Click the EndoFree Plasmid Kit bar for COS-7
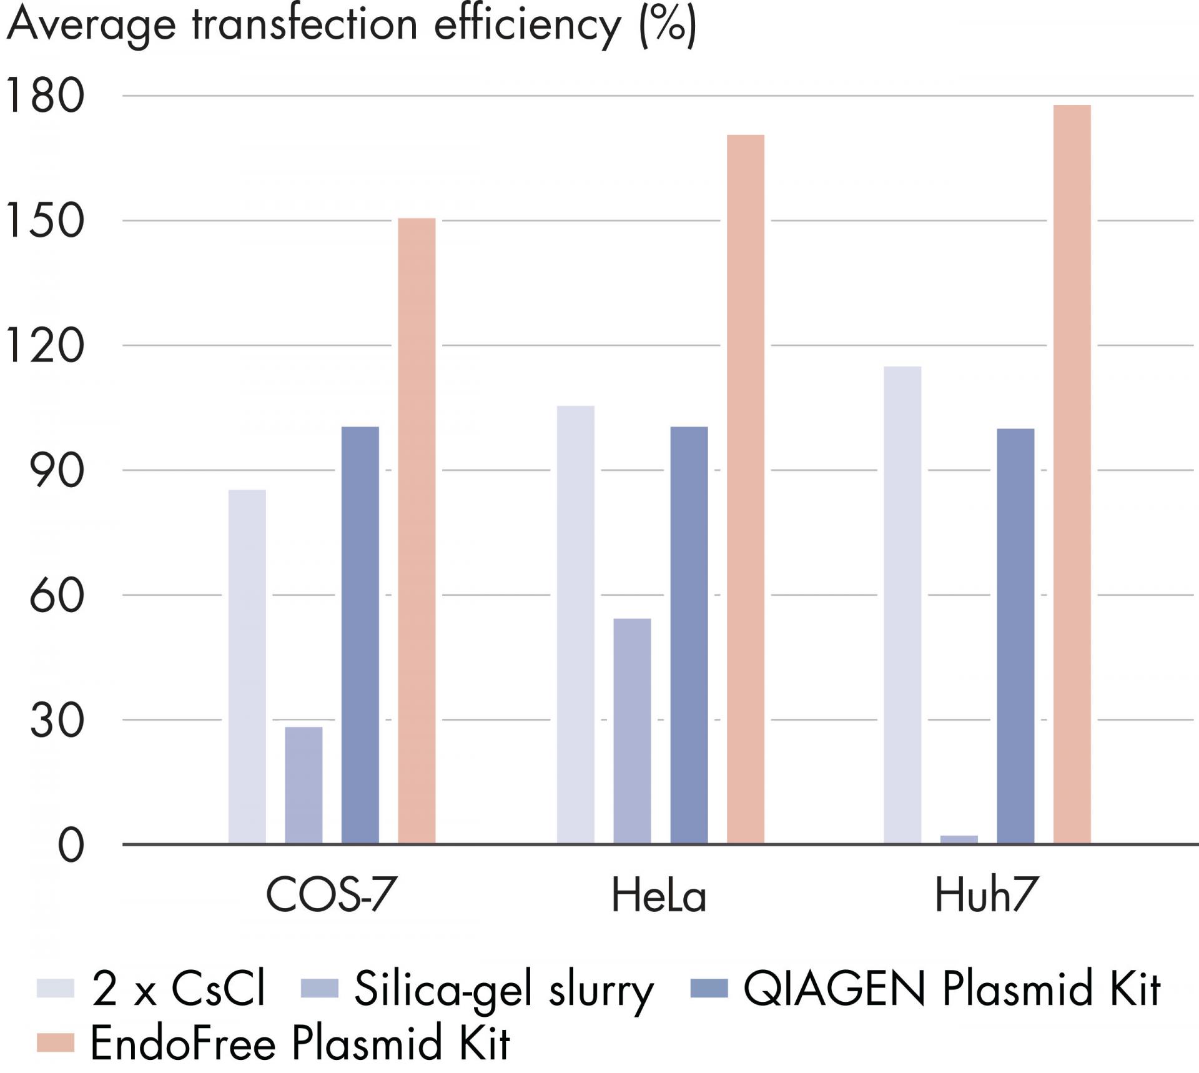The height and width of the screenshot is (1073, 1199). click(x=417, y=531)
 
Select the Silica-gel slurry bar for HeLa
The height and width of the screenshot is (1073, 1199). click(x=632, y=731)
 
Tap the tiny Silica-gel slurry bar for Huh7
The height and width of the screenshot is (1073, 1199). click(x=959, y=839)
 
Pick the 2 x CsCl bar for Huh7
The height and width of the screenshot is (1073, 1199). click(x=902, y=605)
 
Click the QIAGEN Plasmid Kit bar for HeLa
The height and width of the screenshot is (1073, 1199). click(x=689, y=635)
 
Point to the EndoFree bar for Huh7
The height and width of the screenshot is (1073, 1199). click(x=1072, y=475)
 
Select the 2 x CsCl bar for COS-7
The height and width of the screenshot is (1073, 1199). click(x=247, y=666)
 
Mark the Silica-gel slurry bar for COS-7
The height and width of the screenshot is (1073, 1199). click(x=303, y=785)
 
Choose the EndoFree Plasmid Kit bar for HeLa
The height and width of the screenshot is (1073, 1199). click(x=745, y=489)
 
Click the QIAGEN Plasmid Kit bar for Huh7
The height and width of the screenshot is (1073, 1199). click(x=1015, y=636)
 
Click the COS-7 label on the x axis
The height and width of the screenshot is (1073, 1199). click(x=331, y=896)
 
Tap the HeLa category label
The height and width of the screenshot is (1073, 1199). click(x=658, y=896)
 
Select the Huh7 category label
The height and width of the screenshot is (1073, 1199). click(x=985, y=896)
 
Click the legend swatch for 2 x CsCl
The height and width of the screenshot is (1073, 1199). click(x=55, y=989)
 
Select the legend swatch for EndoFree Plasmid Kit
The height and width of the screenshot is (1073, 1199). click(x=55, y=1042)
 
